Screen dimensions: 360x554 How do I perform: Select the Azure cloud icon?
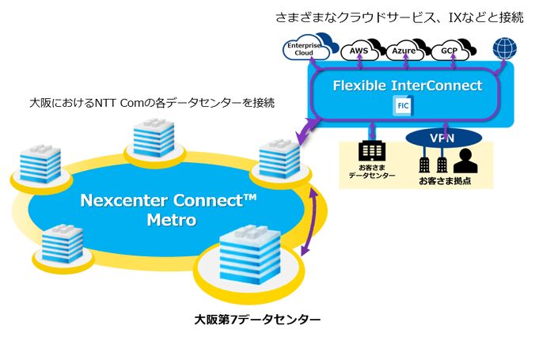click(404, 51)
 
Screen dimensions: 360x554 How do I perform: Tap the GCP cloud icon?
click(448, 51)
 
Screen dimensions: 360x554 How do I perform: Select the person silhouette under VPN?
click(465, 161)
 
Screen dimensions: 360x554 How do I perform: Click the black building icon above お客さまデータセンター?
click(371, 151)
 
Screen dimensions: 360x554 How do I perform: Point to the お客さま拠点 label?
click(443, 180)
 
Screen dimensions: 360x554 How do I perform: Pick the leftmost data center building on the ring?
click(34, 165)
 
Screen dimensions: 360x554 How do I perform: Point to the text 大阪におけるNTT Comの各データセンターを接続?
click(152, 103)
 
